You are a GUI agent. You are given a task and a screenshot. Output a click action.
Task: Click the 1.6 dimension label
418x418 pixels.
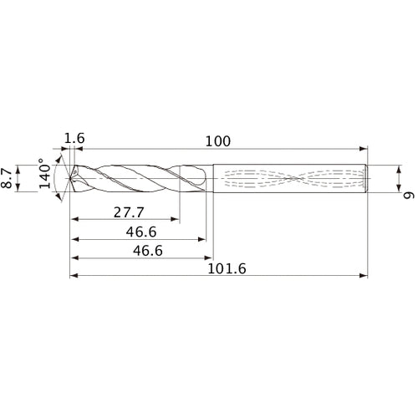pos(74,138)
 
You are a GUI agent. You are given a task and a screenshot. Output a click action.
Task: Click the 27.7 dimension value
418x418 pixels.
pos(126,212)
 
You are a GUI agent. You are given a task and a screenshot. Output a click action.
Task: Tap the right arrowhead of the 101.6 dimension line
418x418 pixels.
pos(364,276)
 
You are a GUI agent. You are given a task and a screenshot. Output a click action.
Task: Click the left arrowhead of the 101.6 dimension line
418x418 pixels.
pos(73,276)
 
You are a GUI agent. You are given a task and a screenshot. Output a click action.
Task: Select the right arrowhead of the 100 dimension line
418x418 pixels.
pos(364,148)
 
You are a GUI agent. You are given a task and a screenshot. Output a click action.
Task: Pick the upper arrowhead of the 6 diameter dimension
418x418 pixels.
pos(395,168)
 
